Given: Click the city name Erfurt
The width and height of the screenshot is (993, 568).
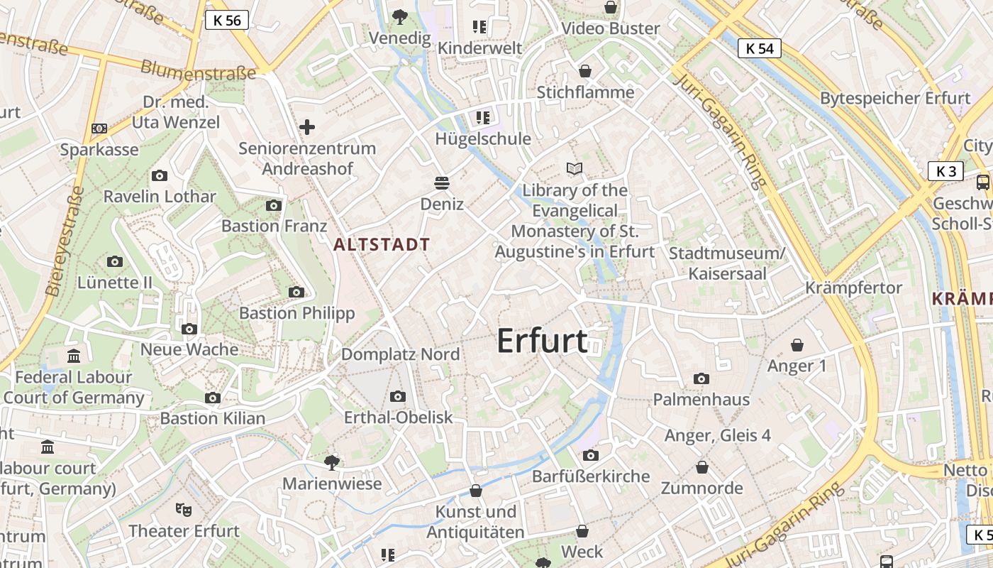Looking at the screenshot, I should [542, 342].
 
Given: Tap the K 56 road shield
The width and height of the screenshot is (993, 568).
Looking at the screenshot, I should [227, 20].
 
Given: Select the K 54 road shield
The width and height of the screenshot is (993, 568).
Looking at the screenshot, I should [760, 48].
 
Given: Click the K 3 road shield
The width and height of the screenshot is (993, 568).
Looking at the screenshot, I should [946, 171].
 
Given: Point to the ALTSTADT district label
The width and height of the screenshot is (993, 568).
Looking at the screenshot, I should [382, 245].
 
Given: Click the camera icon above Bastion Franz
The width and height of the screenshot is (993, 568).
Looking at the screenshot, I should [273, 206].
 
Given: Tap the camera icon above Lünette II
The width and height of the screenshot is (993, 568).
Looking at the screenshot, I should [115, 262].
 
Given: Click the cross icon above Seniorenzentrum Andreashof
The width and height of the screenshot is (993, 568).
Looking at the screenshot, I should [307, 127].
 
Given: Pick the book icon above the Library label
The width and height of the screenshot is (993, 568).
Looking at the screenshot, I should [575, 168].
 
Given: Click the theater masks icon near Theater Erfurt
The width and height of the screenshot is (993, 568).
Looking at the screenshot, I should [184, 509].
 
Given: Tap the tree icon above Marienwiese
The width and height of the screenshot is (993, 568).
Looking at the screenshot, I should [331, 463].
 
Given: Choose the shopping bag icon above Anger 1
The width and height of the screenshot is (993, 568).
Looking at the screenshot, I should [797, 345].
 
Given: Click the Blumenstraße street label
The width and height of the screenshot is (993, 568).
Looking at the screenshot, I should [198, 70].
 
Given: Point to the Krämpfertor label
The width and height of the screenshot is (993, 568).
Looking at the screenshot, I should [853, 288].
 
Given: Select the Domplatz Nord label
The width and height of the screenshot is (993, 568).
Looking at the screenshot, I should [400, 354].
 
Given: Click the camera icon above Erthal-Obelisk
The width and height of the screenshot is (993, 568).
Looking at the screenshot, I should [398, 396].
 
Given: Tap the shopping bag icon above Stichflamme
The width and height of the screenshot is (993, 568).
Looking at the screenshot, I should [585, 71].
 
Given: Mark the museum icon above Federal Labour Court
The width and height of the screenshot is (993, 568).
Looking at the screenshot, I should [73, 356].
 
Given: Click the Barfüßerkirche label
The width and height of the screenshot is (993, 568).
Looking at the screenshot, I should [591, 476].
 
